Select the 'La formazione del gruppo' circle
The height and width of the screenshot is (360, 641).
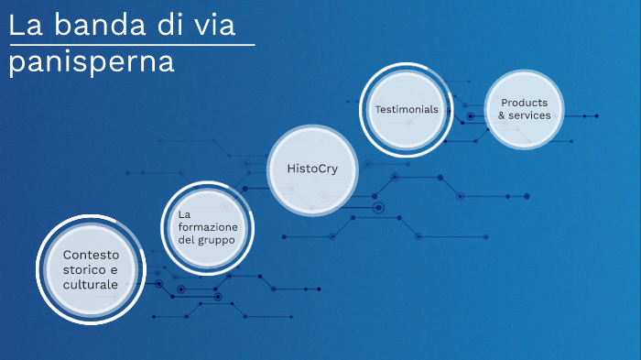click(x=207, y=224)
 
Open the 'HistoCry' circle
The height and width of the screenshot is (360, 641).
click(x=312, y=168)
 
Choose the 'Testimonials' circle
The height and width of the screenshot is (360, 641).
click(x=406, y=110)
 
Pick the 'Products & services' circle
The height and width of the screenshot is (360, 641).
click(x=524, y=109)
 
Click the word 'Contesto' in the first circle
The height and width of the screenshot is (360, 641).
click(x=91, y=254)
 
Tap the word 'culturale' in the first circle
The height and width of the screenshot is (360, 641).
click(x=91, y=286)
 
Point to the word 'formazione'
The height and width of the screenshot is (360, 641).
click(x=208, y=226)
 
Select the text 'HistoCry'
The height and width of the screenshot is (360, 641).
click(x=312, y=168)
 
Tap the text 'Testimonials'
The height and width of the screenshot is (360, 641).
click(x=406, y=110)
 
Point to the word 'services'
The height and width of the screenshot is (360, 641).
click(x=529, y=116)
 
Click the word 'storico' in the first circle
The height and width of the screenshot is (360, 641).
click(x=84, y=270)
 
